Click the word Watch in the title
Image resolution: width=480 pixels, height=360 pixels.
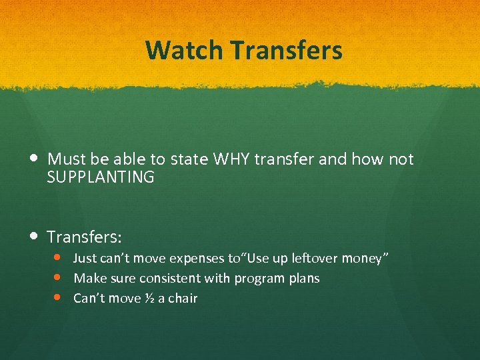coord(175,50)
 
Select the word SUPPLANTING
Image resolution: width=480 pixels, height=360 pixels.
coord(101,177)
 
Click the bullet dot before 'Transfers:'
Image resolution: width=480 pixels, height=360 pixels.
coord(34,236)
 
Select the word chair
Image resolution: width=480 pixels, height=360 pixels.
coord(183,298)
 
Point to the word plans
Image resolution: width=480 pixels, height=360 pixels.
coord(303,279)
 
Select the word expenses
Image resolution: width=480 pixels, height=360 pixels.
coord(195,259)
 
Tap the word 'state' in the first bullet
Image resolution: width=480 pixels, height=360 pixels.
coord(189,159)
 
